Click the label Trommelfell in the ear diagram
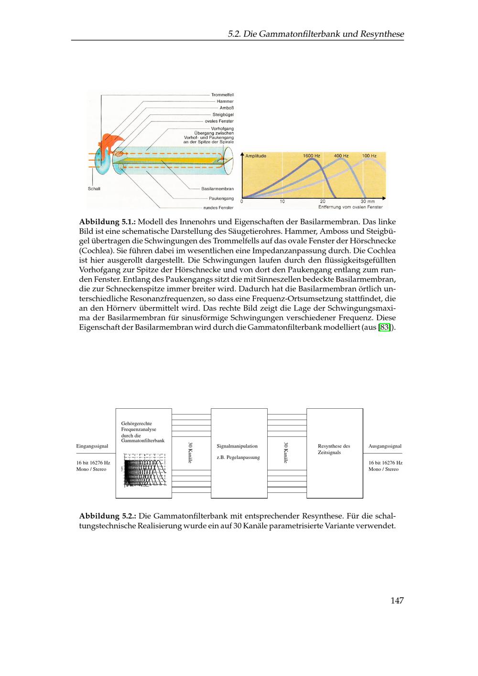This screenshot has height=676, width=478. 222,95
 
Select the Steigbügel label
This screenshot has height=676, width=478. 223,115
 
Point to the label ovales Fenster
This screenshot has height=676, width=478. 219,121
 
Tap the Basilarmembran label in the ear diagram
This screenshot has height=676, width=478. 217,189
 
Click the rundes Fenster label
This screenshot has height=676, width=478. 218,208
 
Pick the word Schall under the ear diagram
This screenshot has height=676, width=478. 94,189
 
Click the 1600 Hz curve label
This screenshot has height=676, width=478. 311,156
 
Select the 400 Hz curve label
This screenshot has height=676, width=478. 341,156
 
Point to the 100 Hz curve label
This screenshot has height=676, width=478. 369,156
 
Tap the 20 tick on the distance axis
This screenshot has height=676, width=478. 323,202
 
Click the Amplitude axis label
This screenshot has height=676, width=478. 256,156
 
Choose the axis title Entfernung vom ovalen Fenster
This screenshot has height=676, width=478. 350,207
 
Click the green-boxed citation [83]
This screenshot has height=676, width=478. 384,327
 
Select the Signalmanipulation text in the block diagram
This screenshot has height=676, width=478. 237,446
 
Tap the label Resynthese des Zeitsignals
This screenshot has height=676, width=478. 334,449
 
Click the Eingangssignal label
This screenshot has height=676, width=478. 92,446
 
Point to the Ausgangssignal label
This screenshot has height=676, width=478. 385,446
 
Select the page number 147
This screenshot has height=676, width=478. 397,601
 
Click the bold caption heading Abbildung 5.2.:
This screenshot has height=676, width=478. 108,516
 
